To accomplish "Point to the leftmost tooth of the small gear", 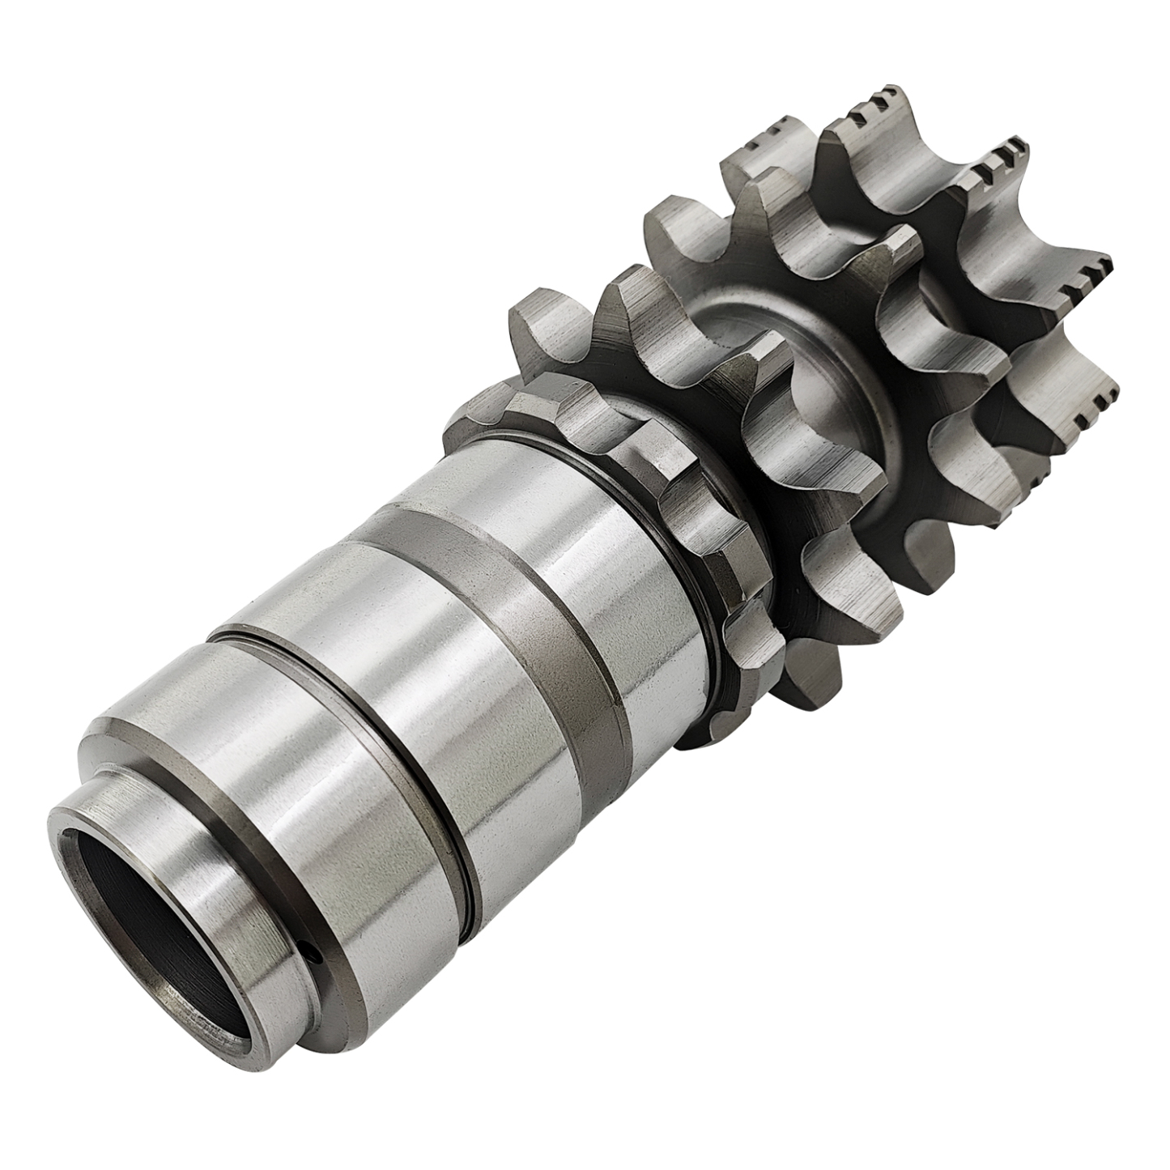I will coord(470,413).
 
